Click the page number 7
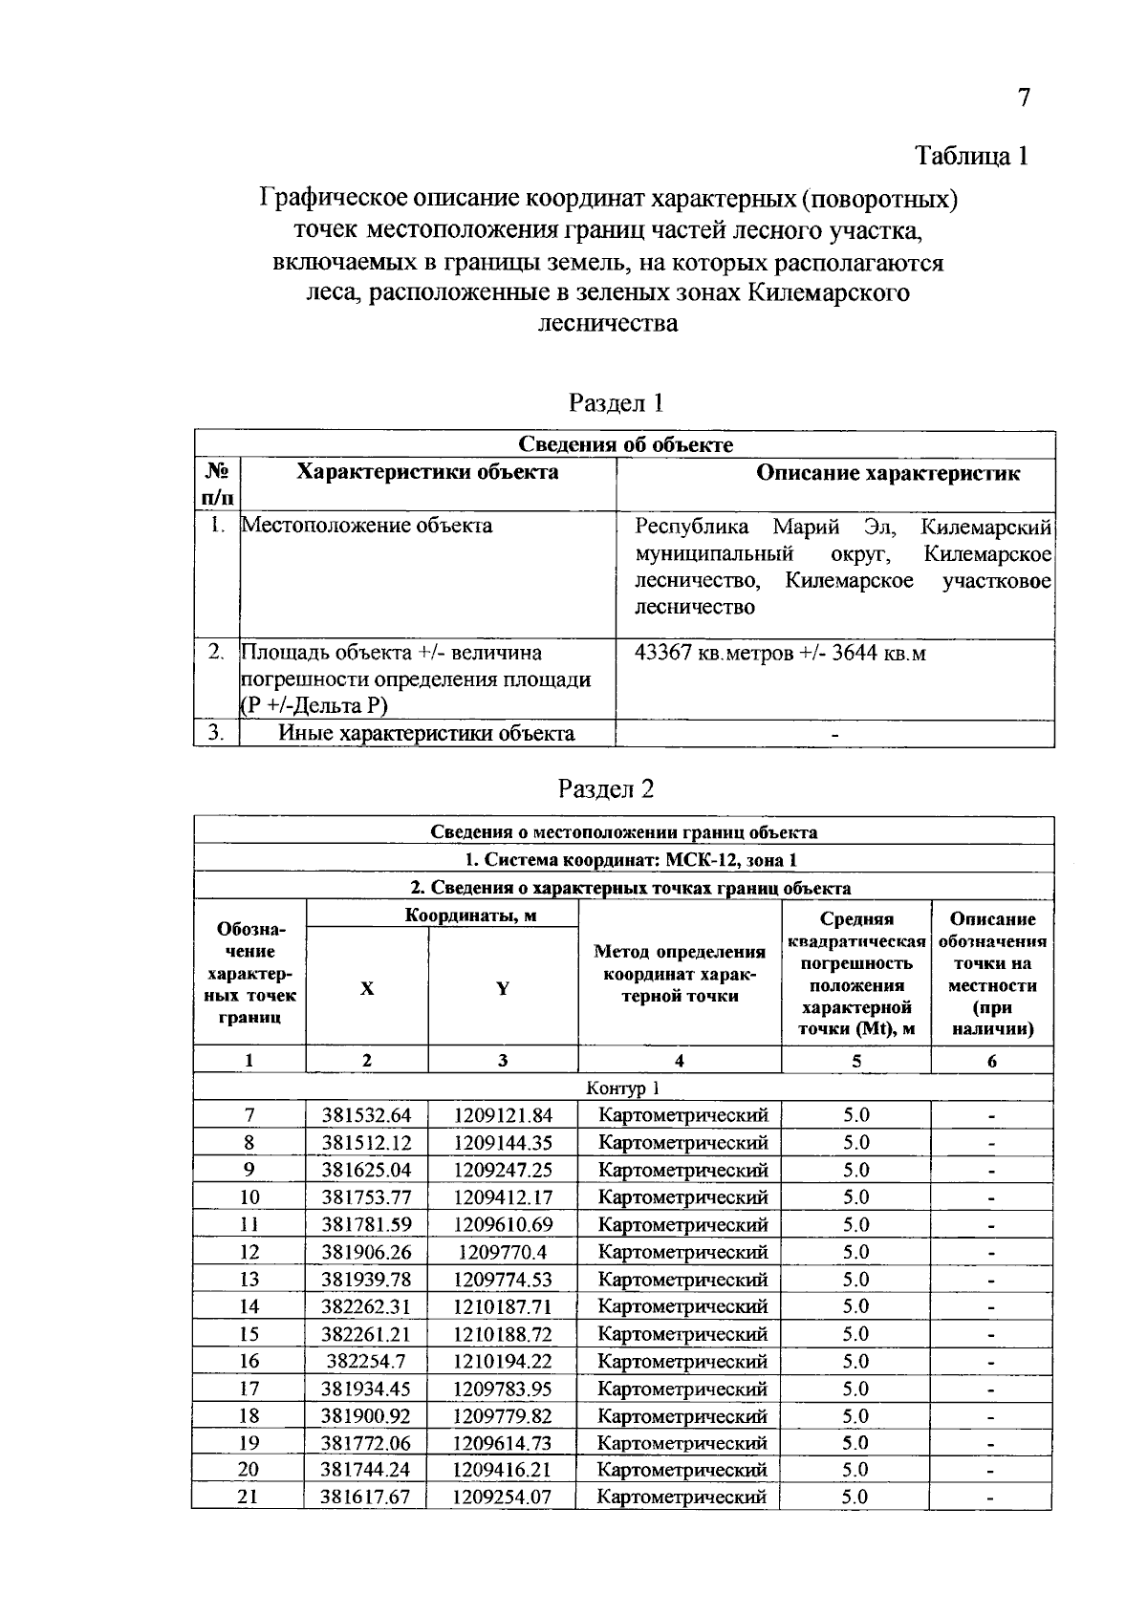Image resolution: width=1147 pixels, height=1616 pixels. pyautogui.click(x=1024, y=98)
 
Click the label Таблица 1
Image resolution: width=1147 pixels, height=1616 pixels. pyautogui.click(x=971, y=156)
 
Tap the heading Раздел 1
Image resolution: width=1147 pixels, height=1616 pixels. pyautogui.click(x=616, y=402)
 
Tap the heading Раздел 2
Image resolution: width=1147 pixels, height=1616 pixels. pyautogui.click(x=607, y=788)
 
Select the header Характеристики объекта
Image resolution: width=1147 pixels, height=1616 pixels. pyautogui.click(x=427, y=473)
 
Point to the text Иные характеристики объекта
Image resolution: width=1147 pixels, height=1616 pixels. pyautogui.click(x=426, y=734)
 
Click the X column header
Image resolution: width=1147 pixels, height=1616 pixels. pyautogui.click(x=367, y=989)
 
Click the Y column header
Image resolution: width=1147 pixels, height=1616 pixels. pyautogui.click(x=503, y=989)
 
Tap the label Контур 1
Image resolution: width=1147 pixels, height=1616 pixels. pyautogui.click(x=622, y=1088)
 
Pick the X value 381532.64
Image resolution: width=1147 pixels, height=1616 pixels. pyautogui.click(x=366, y=1115)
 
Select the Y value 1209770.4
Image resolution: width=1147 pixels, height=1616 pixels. pyautogui.click(x=503, y=1252)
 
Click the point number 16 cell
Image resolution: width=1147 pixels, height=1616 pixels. pyautogui.click(x=249, y=1361)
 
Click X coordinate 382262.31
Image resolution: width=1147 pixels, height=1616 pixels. pyautogui.click(x=366, y=1306)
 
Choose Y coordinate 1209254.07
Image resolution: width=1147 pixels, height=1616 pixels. pyautogui.click(x=502, y=1497)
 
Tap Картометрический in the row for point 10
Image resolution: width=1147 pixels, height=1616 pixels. pyautogui.click(x=682, y=1197)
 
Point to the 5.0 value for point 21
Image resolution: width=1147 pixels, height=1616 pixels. pyautogui.click(x=855, y=1497)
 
